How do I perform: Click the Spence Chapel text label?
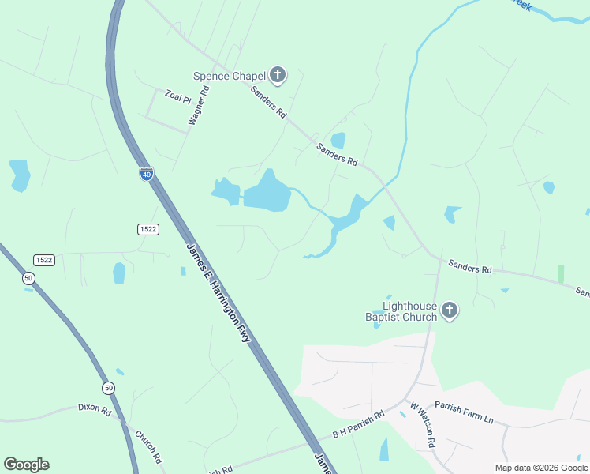230,76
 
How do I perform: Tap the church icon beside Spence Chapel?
277,75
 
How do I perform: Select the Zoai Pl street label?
177,98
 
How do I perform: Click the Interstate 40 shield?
147,174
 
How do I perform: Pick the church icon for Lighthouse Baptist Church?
450,310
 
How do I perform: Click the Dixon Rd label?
95,408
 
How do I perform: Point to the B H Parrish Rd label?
357,425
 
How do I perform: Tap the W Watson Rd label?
423,425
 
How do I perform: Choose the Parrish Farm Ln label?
464,413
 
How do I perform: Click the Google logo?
26,465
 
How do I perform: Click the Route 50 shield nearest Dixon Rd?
107,388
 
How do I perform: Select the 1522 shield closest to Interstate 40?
147,229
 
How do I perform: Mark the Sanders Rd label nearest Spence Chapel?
268,102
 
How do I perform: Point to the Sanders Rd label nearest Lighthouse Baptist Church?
470,268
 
